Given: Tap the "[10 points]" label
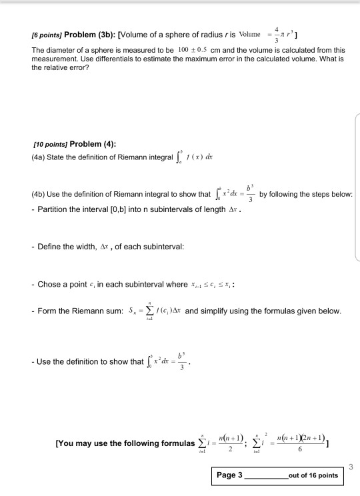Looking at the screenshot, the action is click(50, 145).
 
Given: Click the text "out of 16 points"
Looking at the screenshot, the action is click(313, 476).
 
